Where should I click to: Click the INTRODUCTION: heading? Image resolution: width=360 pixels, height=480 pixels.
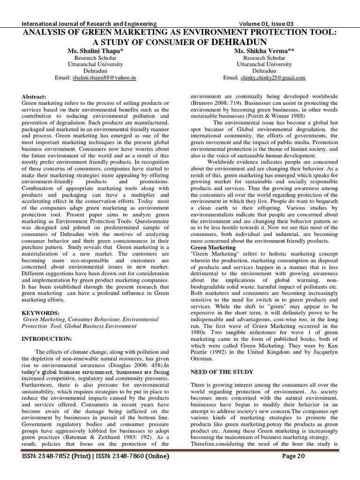[47, 338]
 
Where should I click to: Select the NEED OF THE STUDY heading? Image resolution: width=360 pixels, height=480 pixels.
[221, 372]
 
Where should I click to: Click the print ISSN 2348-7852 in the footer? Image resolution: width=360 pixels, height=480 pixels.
[52, 469]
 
